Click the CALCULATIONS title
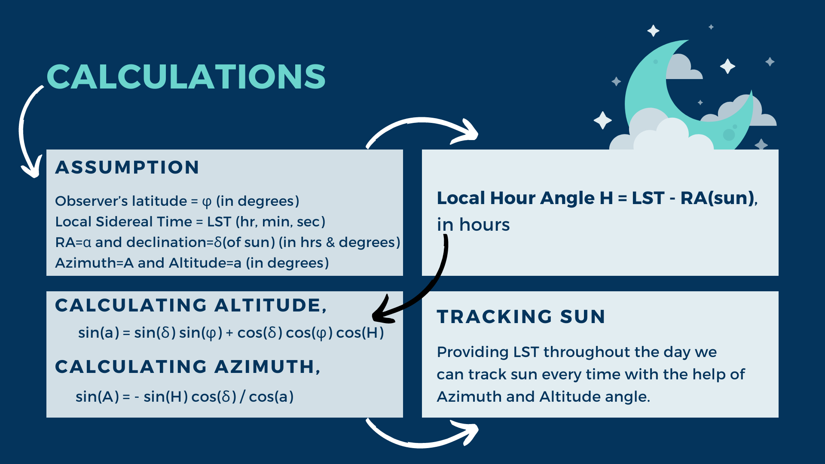[186, 77]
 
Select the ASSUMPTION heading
[127, 167]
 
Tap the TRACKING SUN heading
[521, 317]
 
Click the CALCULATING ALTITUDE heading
[191, 305]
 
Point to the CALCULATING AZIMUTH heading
[188, 367]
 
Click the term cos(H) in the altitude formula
[360, 333]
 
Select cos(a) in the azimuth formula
[271, 397]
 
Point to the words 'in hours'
[474, 225]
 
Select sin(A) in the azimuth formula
[97, 397]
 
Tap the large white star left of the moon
[602, 120]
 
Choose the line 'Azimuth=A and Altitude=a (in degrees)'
[192, 263]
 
